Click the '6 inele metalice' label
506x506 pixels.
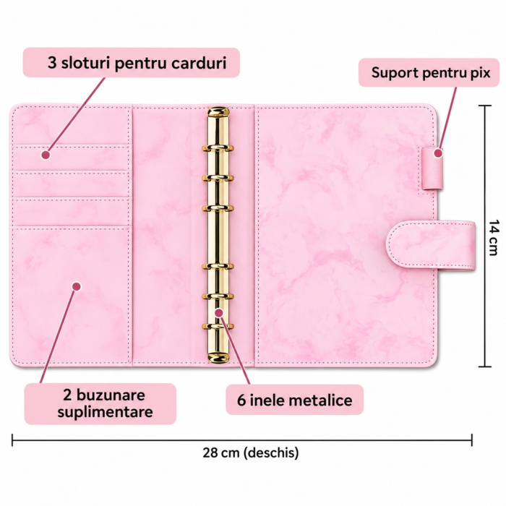tap(294, 400)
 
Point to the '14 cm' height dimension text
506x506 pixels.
tap(493, 237)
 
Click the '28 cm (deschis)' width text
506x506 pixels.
tap(251, 453)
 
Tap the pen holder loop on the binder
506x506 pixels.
tap(432, 168)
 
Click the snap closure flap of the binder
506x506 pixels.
tap(431, 245)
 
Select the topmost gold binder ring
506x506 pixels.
tap(218, 148)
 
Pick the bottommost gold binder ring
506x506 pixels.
tap(218, 326)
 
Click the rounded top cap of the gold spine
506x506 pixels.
tap(218, 112)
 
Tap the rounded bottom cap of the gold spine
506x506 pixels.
tap(218, 357)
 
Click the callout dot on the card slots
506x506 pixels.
tap(46, 155)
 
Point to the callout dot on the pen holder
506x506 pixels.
tap(437, 153)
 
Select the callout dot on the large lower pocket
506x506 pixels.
tap(77, 286)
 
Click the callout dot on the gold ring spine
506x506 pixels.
tap(219, 313)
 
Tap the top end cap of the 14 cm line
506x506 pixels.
tap(485, 106)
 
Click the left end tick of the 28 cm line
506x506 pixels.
tap(12, 439)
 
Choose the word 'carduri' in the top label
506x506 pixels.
tap(199, 63)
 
